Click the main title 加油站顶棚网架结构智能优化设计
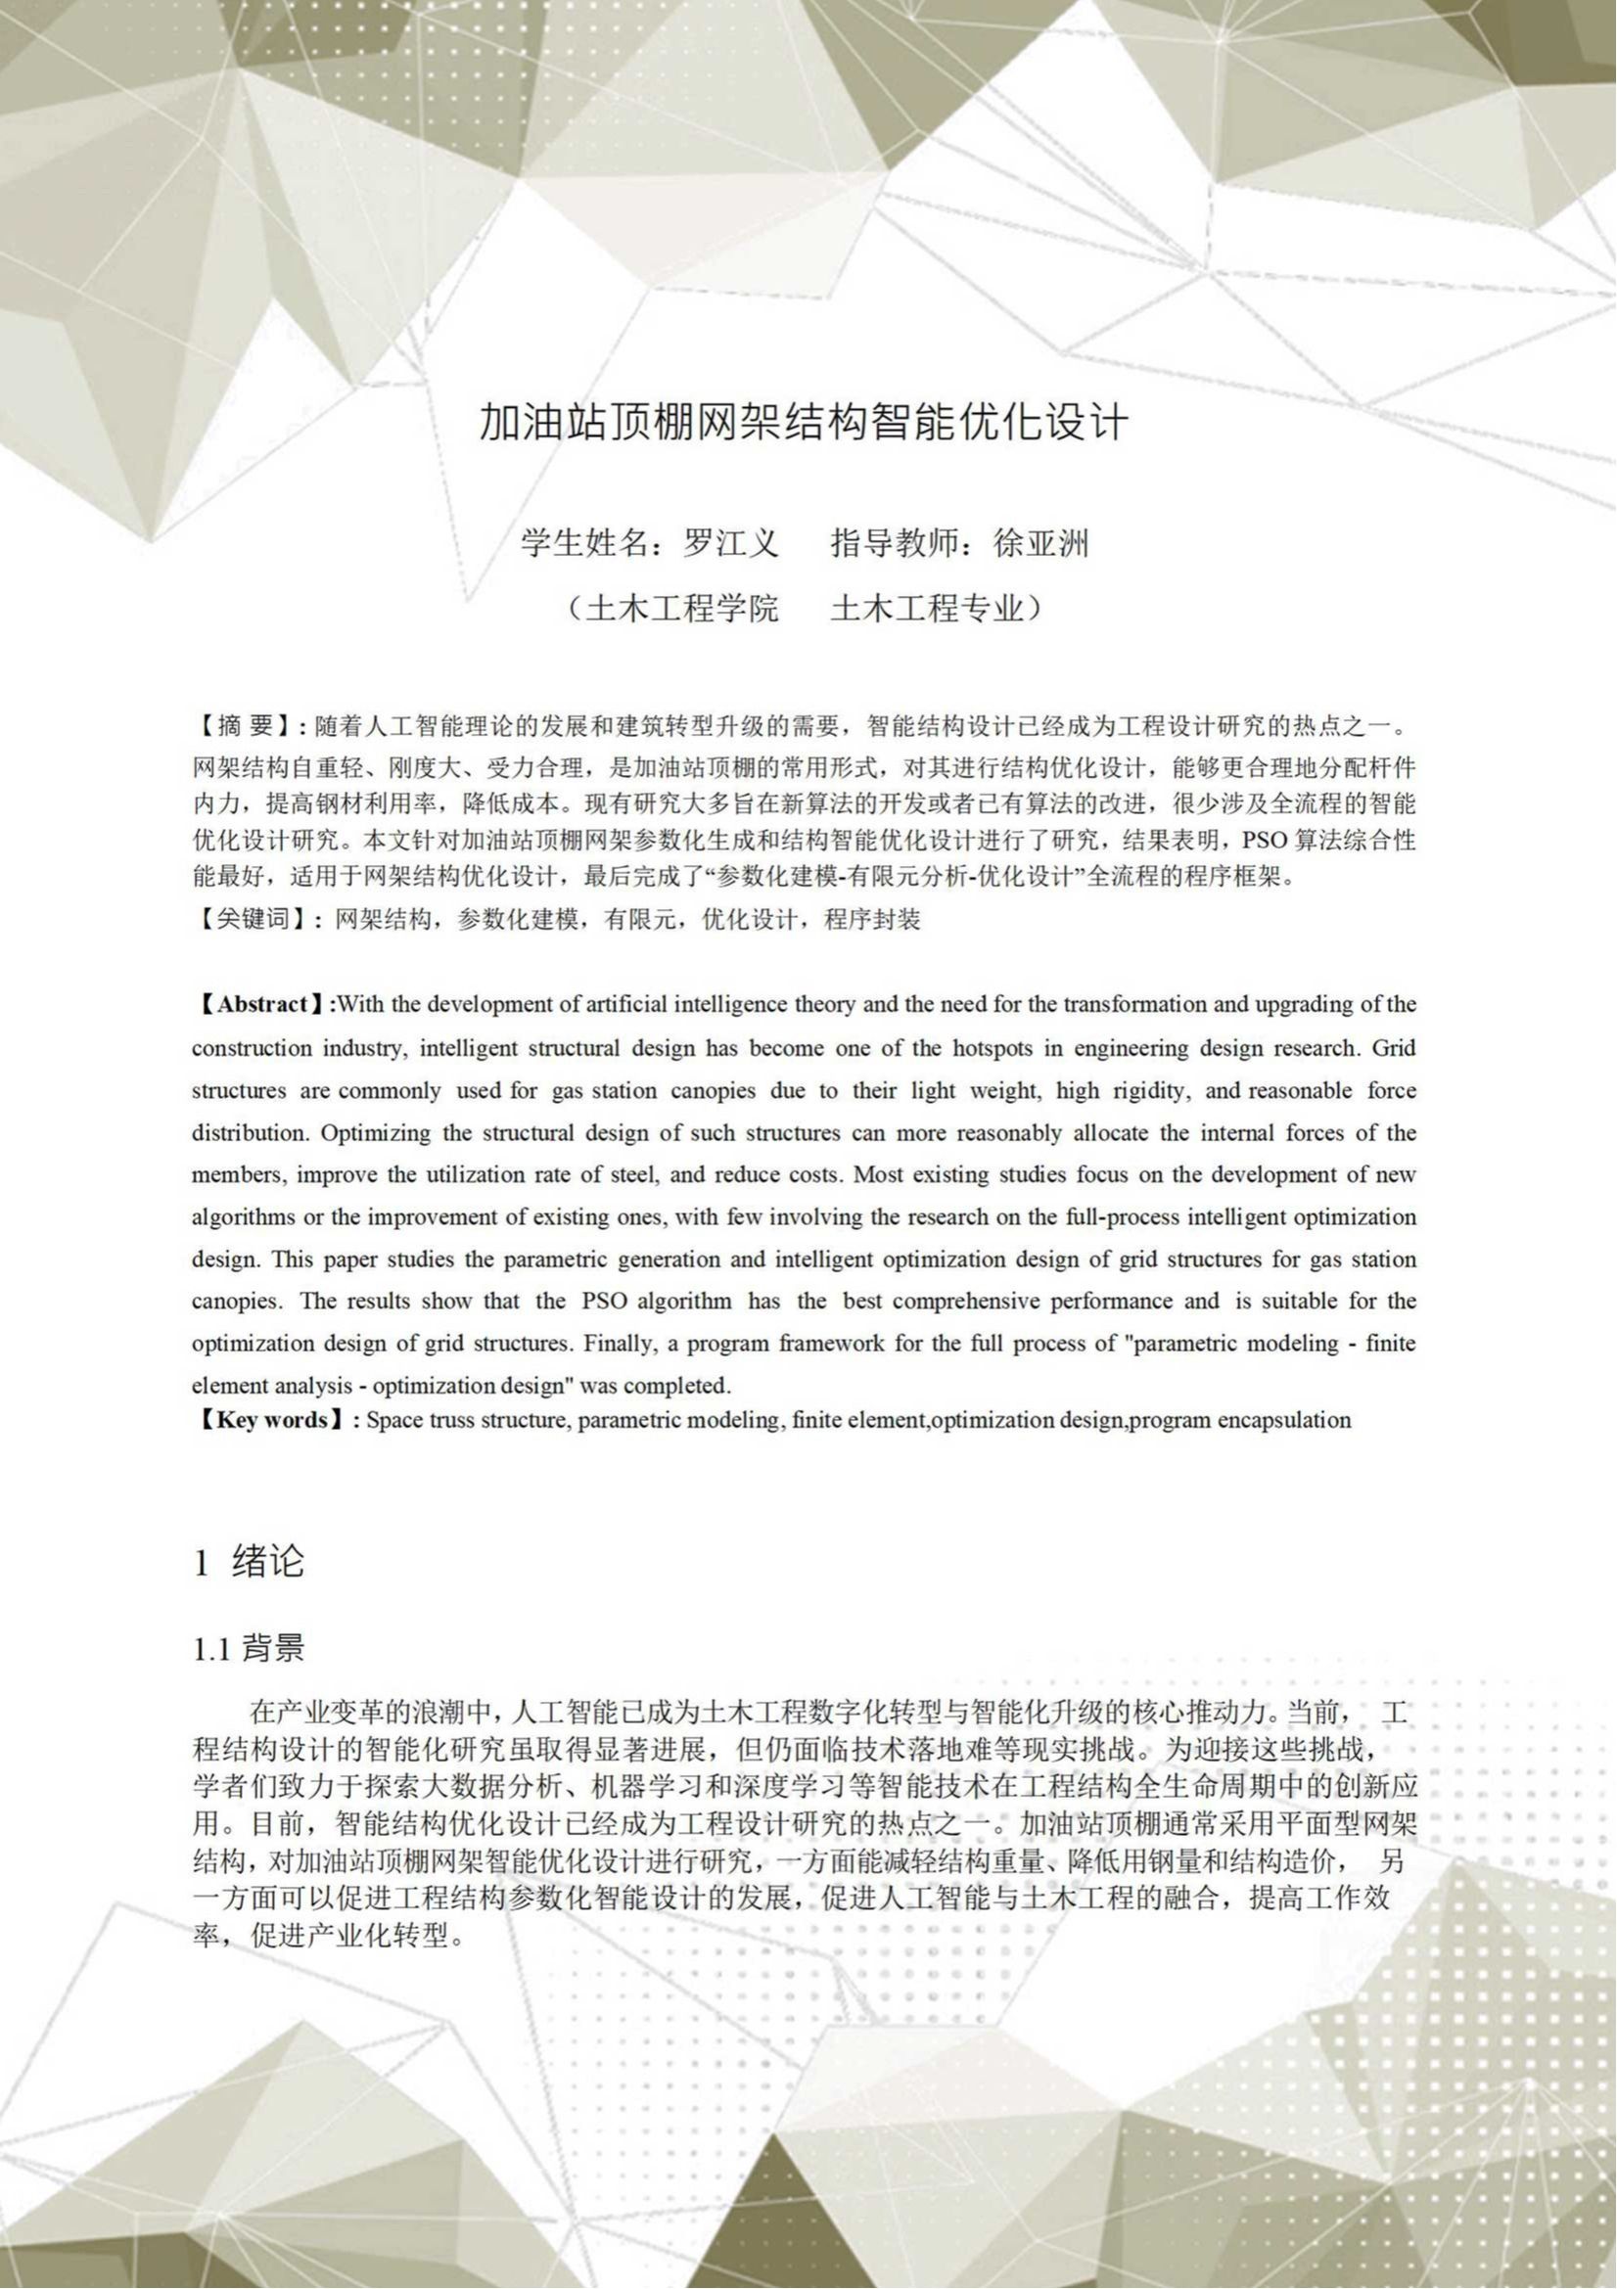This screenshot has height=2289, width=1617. click(x=804, y=423)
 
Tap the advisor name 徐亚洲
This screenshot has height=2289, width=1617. click(x=1040, y=544)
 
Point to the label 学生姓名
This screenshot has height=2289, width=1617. click(x=582, y=544)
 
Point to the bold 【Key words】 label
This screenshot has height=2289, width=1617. click(x=272, y=1420)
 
